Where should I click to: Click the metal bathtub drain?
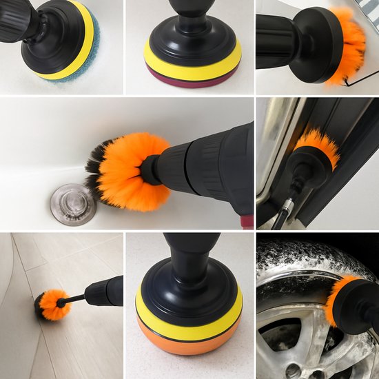pos(72,204)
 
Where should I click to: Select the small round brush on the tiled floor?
pos(52,305)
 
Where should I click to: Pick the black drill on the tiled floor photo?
pos(107,291)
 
